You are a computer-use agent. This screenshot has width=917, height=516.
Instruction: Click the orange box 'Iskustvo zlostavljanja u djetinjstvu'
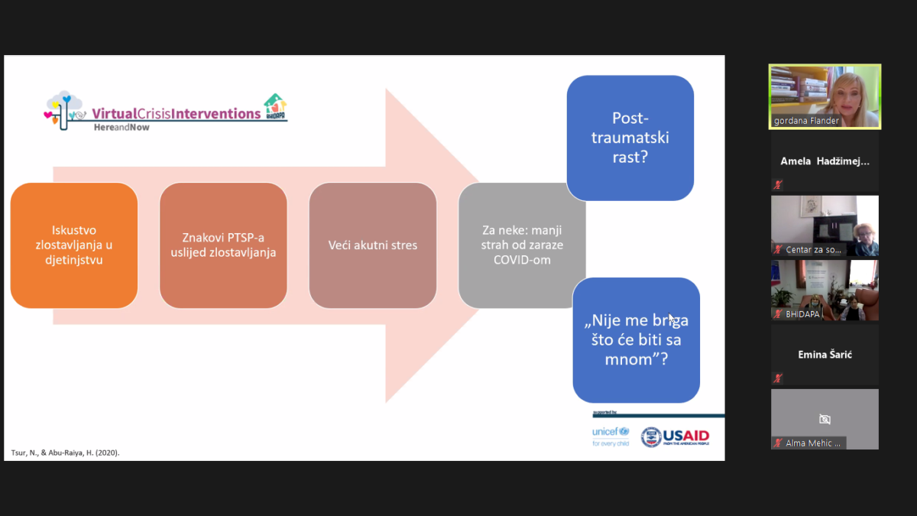tap(74, 245)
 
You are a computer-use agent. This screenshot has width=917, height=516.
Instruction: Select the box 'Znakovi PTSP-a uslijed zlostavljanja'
tap(223, 245)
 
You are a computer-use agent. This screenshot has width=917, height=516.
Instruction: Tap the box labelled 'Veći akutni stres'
tap(372, 245)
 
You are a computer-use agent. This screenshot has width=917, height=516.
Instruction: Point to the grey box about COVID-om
tap(521, 245)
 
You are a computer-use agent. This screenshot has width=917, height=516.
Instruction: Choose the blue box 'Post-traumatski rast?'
tap(630, 138)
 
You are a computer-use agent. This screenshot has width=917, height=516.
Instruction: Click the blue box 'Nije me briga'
tap(636, 339)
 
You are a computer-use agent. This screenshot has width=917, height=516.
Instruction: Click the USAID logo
tap(675, 436)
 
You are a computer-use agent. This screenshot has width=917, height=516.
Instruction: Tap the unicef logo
tap(611, 436)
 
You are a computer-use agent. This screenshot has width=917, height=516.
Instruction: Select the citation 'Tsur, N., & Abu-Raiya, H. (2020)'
tap(65, 453)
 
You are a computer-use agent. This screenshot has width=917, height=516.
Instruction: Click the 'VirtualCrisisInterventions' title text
tap(177, 114)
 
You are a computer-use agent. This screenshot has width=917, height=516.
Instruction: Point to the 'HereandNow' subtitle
tap(122, 128)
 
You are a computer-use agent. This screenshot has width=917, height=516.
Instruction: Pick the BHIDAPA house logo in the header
tap(275, 106)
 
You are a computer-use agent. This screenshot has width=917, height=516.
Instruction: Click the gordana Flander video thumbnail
tap(825, 96)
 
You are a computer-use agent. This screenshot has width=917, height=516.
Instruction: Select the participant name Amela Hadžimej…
tap(825, 161)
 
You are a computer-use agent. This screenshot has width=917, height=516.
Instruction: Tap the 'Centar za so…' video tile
tap(825, 226)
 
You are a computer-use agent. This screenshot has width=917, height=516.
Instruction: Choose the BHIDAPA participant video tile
tap(825, 290)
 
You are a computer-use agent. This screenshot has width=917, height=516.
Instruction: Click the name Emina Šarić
tap(825, 355)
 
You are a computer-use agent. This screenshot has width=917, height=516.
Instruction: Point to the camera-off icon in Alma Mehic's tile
tap(825, 419)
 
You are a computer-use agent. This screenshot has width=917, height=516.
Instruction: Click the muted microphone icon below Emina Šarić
tap(778, 378)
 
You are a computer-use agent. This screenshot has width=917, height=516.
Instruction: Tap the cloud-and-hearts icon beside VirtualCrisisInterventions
tap(65, 109)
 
